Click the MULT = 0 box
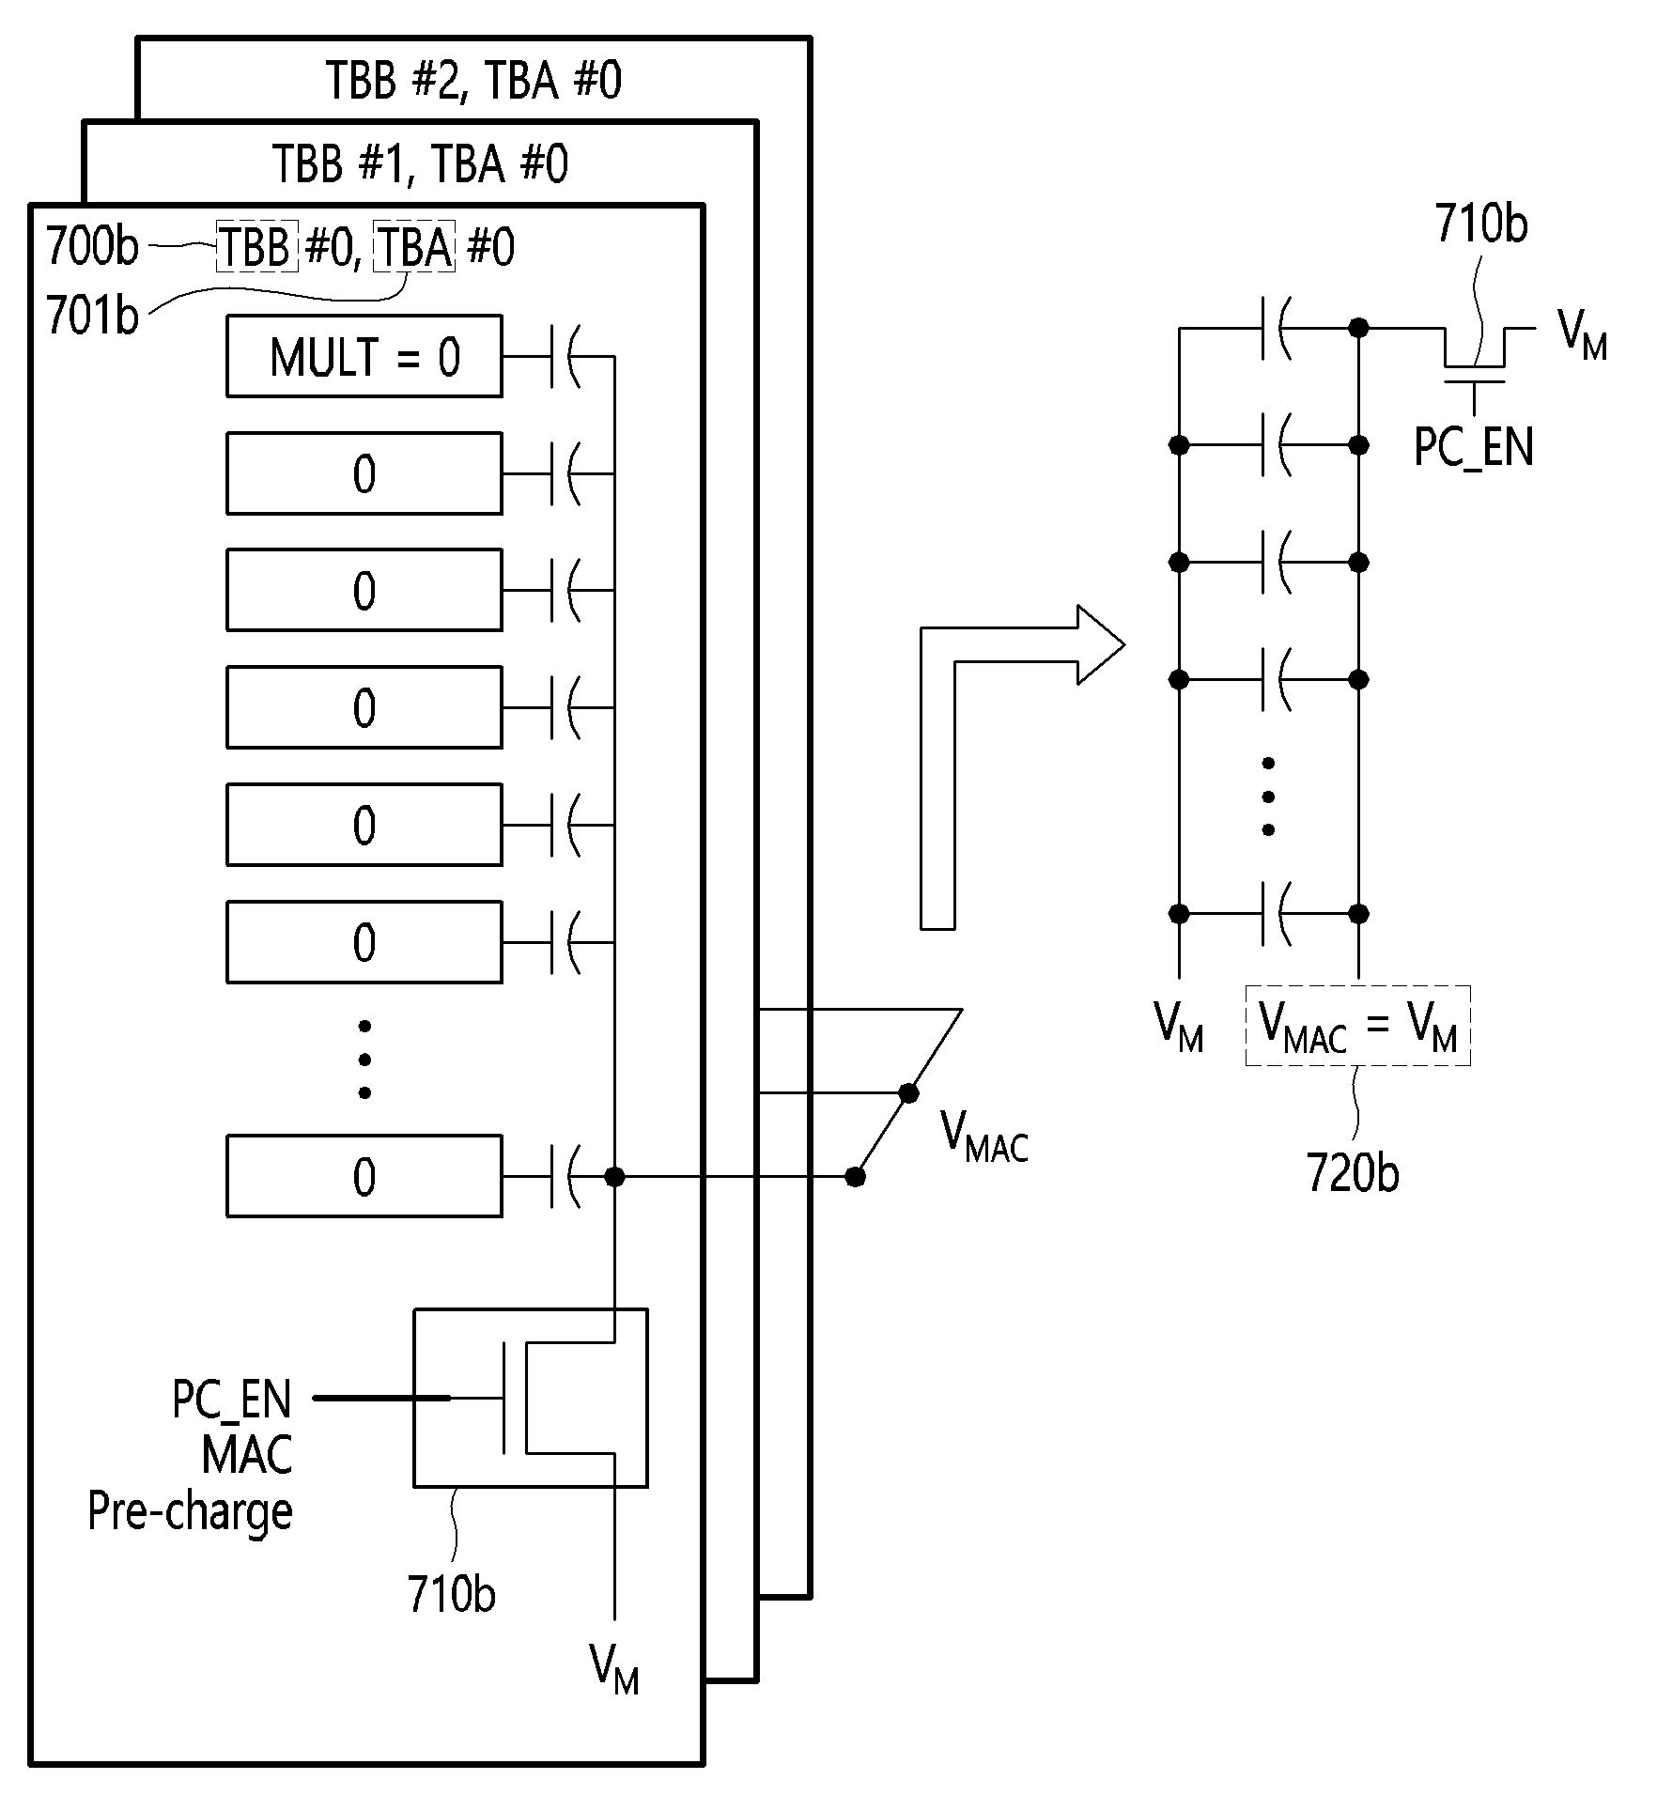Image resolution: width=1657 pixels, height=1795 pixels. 364,357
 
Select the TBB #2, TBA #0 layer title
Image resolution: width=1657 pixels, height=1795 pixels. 473,80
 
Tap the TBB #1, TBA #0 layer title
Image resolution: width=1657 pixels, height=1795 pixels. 420,163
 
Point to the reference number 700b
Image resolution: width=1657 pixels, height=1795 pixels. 92,247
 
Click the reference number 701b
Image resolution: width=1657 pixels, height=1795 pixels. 92,316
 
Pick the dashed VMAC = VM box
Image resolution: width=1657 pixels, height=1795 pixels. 1357,1025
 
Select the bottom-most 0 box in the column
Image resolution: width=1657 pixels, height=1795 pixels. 364,1176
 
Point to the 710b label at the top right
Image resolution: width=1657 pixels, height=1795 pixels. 1481,224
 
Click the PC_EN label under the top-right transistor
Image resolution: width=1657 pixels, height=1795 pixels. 1474,447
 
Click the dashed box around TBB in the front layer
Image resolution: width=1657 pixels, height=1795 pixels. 257,247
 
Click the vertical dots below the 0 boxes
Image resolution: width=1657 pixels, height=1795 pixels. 364,1060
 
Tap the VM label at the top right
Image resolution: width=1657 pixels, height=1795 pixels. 1583,333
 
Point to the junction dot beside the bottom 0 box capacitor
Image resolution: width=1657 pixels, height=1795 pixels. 614,1176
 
